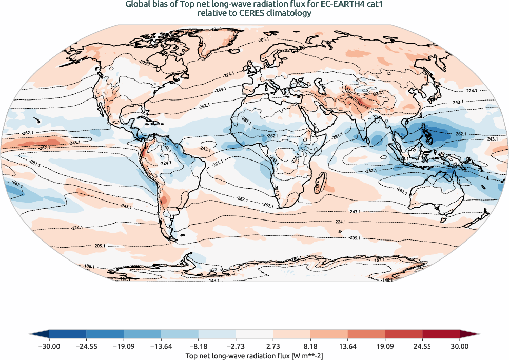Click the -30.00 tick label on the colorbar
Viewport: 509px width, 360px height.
tap(49, 347)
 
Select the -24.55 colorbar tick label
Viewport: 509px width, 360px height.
tap(86, 347)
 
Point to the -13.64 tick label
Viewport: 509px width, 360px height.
tap(161, 347)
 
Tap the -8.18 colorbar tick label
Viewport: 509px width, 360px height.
tap(199, 347)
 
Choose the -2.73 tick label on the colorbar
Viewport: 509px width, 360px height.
tap(236, 347)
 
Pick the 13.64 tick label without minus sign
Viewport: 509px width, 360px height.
tap(348, 347)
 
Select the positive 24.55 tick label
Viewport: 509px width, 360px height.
tap(422, 347)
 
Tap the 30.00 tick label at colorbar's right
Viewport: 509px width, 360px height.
tap(460, 347)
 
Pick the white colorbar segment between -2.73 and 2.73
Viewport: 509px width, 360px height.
tap(254, 334)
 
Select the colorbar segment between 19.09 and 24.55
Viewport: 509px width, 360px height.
tap(404, 334)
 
